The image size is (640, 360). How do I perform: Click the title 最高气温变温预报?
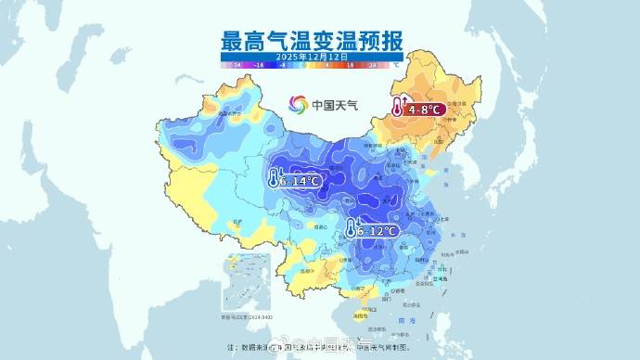click(313, 41)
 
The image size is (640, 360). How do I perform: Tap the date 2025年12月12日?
click(312, 58)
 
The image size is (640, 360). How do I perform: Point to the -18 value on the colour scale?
click(261, 66)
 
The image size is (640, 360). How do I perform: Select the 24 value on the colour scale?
click(372, 66)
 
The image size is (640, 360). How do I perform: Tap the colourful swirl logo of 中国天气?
click(298, 104)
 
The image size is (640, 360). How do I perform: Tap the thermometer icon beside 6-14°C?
click(274, 177)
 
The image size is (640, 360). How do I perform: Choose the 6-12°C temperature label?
click(378, 230)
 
